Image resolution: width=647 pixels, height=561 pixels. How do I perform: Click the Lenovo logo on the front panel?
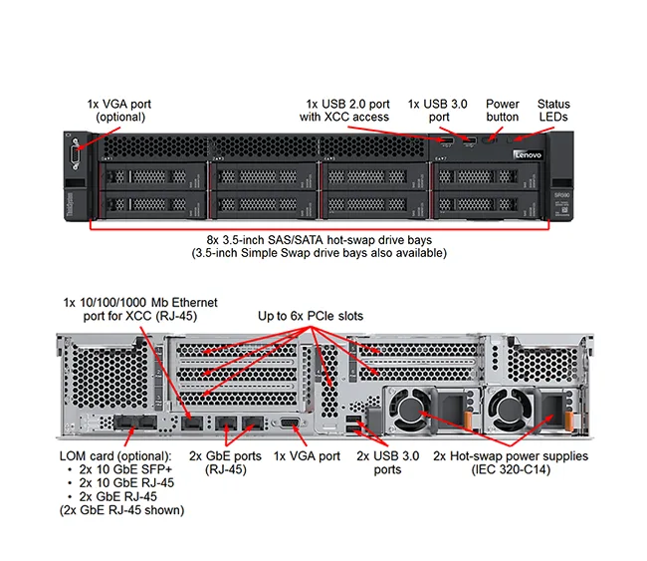(526, 155)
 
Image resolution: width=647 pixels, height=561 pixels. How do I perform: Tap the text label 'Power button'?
(503, 110)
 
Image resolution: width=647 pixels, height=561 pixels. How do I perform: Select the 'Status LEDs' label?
(553, 110)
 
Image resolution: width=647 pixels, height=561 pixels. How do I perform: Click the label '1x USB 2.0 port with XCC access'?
(346, 110)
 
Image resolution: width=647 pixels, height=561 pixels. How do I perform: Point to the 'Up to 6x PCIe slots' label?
(311, 316)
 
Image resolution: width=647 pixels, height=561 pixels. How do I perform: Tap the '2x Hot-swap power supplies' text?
(510, 456)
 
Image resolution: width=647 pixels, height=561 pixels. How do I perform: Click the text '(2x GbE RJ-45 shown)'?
(121, 510)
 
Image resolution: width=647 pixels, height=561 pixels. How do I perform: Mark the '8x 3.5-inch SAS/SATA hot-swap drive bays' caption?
(319, 239)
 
